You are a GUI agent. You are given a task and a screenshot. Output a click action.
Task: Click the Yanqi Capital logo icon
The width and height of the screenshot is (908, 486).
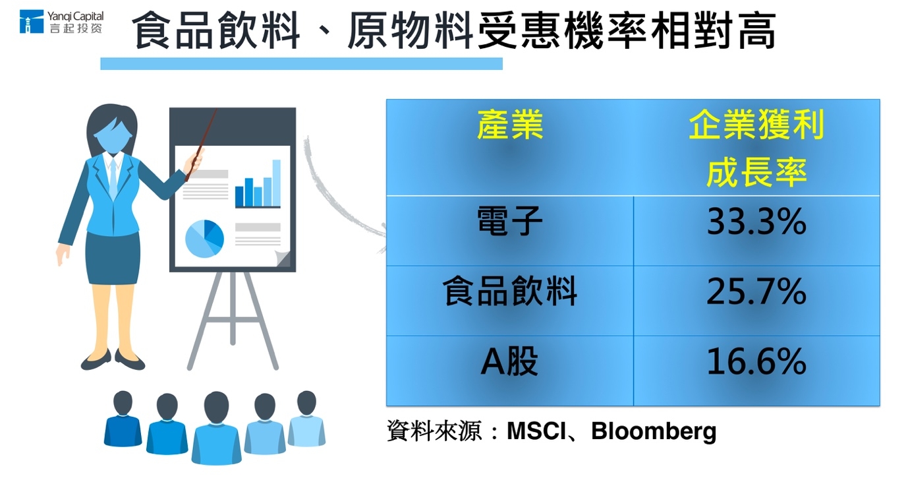(x=32, y=22)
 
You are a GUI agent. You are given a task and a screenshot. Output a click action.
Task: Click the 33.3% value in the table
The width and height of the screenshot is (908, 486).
(x=756, y=222)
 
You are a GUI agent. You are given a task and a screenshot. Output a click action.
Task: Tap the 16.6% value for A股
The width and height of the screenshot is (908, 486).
(x=756, y=361)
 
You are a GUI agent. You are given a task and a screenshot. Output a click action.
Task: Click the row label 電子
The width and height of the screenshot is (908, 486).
(x=509, y=221)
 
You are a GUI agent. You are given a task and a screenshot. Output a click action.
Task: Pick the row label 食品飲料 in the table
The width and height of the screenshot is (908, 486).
(x=509, y=291)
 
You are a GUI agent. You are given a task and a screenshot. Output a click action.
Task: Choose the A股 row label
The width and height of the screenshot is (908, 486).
(x=509, y=361)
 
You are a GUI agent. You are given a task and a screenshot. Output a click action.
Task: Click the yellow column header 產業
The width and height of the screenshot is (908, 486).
(x=510, y=125)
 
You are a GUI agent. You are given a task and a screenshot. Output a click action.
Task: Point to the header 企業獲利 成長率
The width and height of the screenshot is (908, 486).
(x=756, y=148)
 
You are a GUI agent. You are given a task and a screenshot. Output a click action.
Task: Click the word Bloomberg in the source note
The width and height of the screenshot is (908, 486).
(x=654, y=431)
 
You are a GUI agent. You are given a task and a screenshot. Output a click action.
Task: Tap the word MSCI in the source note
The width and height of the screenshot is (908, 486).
(x=536, y=431)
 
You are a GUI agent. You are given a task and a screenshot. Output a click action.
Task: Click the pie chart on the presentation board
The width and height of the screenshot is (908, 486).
(x=204, y=239)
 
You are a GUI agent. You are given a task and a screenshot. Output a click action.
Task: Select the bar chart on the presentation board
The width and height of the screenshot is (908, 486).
(x=258, y=184)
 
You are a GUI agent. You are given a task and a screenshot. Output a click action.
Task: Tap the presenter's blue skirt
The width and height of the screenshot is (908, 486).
(x=113, y=258)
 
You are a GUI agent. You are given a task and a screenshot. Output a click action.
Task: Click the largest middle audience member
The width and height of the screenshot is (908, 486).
(x=217, y=427)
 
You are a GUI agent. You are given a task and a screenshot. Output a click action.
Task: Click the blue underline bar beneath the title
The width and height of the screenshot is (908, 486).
(x=302, y=64)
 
